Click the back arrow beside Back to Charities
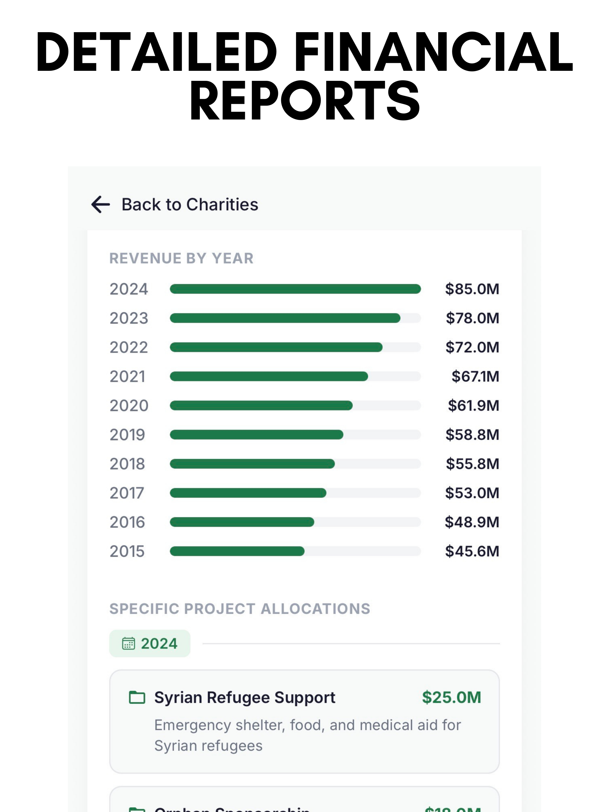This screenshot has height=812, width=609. (101, 204)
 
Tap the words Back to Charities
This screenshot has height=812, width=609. (190, 204)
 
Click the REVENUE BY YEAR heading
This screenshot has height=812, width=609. (181, 258)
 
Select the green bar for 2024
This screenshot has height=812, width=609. (295, 289)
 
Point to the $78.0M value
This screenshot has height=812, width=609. (472, 318)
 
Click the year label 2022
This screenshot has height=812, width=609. (128, 347)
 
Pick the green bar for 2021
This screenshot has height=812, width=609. (269, 376)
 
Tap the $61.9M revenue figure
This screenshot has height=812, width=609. (473, 406)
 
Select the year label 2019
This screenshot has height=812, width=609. (127, 435)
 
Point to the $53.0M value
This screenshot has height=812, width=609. (472, 493)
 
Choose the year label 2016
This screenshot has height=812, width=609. (127, 522)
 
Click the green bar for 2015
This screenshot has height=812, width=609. (237, 551)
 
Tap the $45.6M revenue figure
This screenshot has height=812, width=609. (472, 551)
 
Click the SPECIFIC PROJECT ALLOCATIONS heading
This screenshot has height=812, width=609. (240, 609)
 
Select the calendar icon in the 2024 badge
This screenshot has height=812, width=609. (128, 644)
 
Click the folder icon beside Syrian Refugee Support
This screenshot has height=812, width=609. (137, 698)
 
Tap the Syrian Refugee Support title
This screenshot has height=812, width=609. (245, 698)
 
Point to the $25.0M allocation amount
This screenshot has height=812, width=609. (451, 698)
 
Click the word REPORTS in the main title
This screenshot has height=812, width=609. (304, 101)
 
